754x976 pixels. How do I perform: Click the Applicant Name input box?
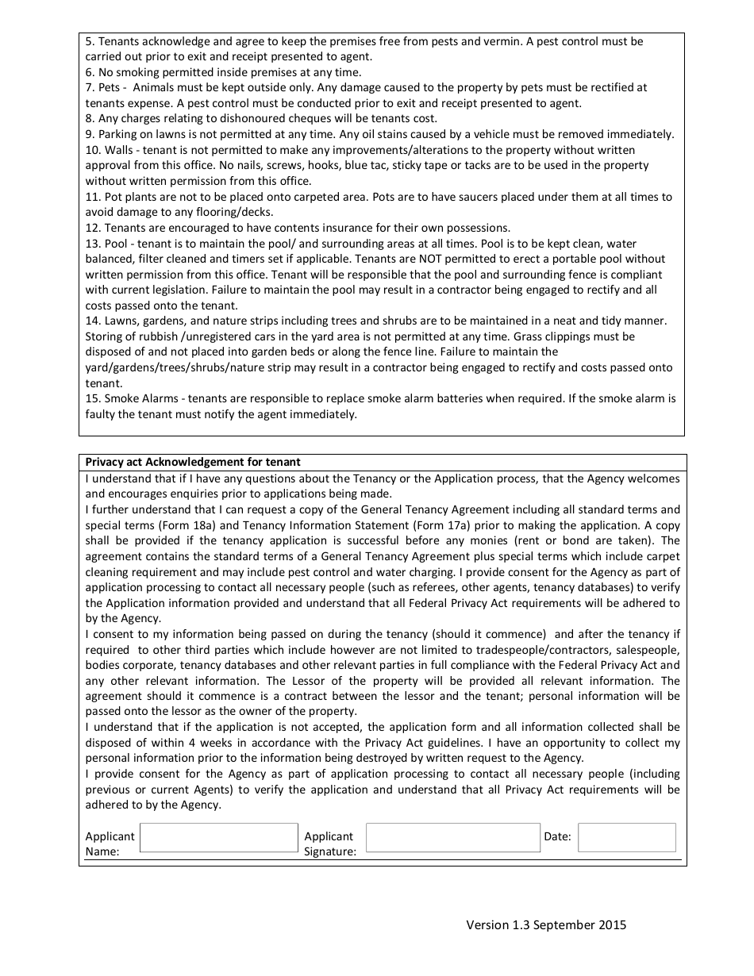pyautogui.click(x=218, y=838)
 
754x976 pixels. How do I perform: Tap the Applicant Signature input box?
pyautogui.click(x=452, y=838)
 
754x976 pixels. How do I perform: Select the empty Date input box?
pyautogui.click(x=626, y=838)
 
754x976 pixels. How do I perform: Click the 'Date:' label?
pyautogui.click(x=557, y=836)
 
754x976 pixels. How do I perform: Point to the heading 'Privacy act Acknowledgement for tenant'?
pyautogui.click(x=193, y=462)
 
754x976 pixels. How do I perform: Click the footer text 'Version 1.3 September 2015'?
pyautogui.click(x=546, y=924)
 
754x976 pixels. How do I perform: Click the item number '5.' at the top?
pyautogui.click(x=90, y=41)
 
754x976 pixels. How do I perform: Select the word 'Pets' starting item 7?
pyautogui.click(x=110, y=88)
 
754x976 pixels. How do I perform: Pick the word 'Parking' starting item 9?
pyautogui.click(x=118, y=135)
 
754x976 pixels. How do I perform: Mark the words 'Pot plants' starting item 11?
pyautogui.click(x=130, y=197)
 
